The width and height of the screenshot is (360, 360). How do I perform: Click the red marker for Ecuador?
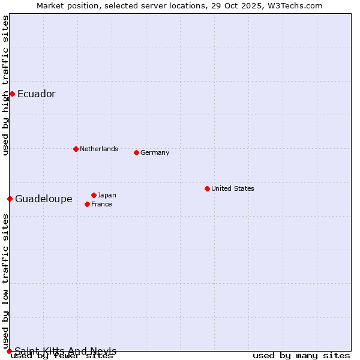[12, 94]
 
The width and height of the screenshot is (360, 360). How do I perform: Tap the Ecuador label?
[36, 94]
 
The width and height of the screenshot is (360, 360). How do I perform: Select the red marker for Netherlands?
[76, 149]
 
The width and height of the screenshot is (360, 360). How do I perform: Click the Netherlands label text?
[98, 149]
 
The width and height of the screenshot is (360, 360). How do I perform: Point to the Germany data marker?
[136, 152]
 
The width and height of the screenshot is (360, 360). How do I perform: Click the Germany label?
[155, 152]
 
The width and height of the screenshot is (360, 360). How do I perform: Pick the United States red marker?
[207, 188]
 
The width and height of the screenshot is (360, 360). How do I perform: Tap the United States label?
[232, 188]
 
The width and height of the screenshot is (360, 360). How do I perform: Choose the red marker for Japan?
[94, 195]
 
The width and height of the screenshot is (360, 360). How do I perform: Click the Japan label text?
[107, 195]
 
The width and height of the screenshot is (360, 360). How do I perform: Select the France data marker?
[88, 204]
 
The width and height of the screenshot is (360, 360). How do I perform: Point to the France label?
[101, 204]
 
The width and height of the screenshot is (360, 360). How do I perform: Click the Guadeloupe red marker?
[10, 199]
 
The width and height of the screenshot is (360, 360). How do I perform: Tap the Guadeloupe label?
[43, 199]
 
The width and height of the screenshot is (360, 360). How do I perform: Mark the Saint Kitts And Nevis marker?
[9, 351]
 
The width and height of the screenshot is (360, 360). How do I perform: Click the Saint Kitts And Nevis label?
[65, 351]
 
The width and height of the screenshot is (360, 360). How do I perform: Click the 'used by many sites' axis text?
[301, 356]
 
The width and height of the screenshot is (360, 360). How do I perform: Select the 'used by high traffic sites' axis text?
[5, 85]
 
